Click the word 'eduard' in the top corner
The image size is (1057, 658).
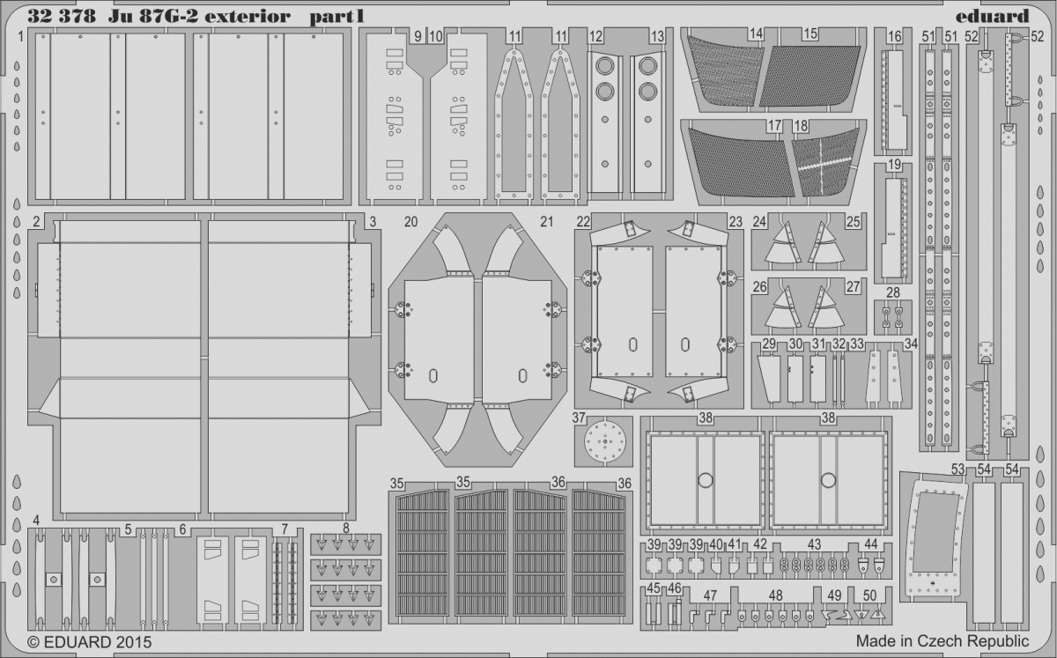[992, 16]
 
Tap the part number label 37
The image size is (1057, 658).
[579, 418]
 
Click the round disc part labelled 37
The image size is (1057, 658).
[605, 442]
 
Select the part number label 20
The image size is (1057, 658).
[411, 221]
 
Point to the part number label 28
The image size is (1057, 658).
[893, 292]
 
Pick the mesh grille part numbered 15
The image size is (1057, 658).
[809, 77]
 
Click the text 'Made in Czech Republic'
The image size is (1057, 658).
[942, 641]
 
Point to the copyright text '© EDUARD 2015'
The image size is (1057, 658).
[90, 642]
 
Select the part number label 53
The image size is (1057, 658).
[957, 469]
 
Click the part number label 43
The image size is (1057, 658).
[814, 544]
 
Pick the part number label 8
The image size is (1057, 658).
[346, 529]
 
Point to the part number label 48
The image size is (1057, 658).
[775, 595]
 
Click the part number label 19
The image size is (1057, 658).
[894, 165]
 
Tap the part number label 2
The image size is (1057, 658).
[36, 221]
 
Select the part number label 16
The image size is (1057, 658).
[894, 36]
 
